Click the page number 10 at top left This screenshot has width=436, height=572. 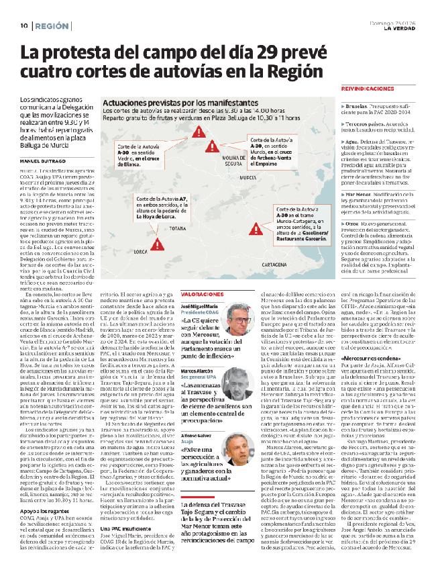coord(23,26)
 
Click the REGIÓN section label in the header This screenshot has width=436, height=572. coord(52,26)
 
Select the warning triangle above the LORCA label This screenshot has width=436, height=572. coord(162,244)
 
